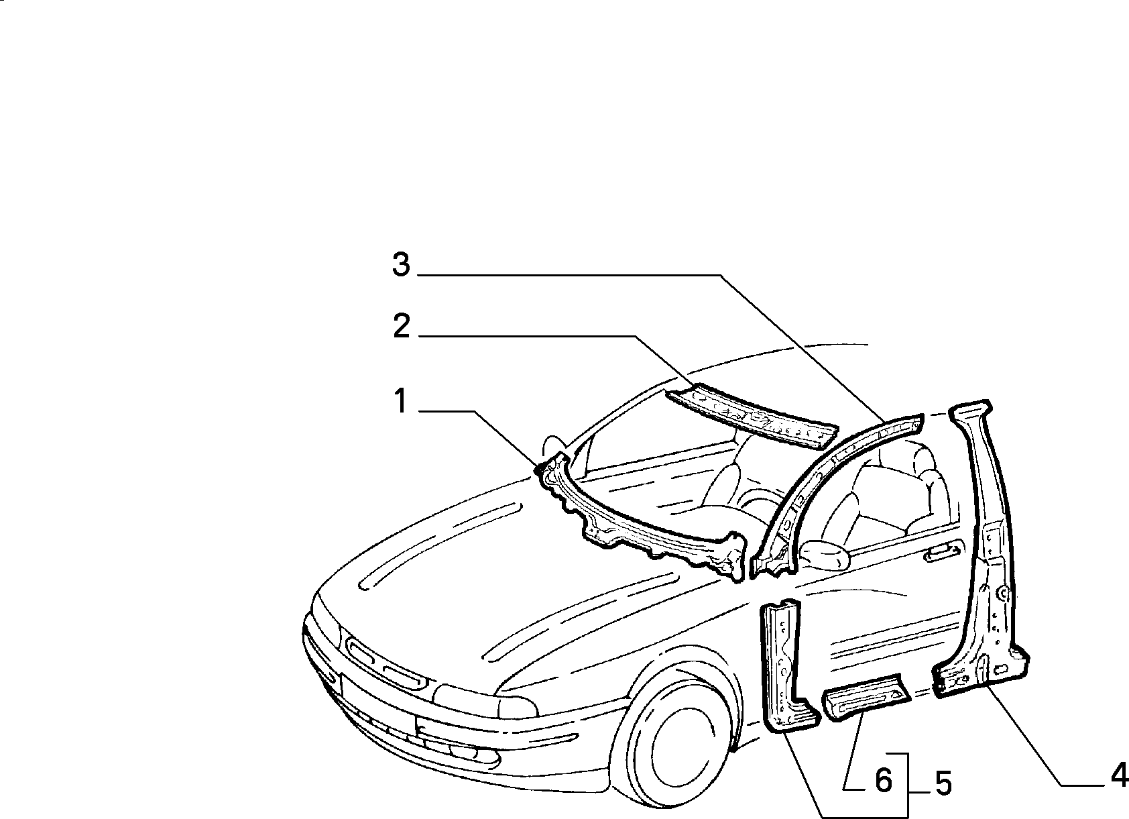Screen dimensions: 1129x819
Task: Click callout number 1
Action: [x=401, y=401]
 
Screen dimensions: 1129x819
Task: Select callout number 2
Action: [x=402, y=326]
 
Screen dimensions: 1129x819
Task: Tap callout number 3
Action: [x=401, y=265]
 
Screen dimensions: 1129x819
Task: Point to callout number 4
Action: [x=1120, y=775]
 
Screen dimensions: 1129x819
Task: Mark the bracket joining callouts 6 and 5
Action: [x=908, y=785]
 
